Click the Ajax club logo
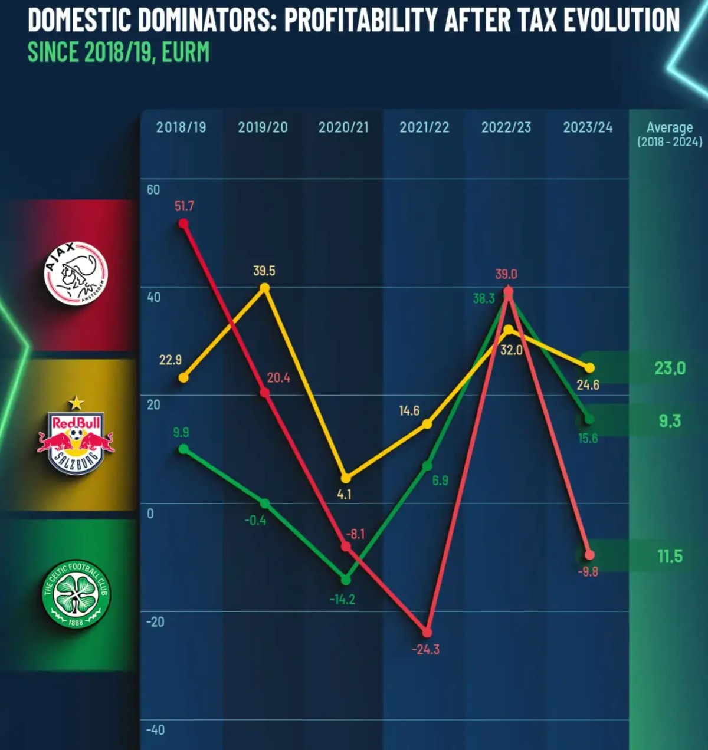point(76,273)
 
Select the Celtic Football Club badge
point(76,594)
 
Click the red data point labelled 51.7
point(183,223)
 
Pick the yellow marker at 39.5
point(265,288)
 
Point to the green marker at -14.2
point(346,580)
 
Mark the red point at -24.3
point(427,633)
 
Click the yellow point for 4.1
point(346,478)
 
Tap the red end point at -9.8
point(589,555)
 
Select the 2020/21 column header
point(343,127)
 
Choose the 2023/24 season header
point(588,127)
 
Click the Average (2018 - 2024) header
point(670,134)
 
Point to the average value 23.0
point(670,369)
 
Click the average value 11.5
point(670,556)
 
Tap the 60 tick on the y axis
point(153,190)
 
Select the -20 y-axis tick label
point(155,622)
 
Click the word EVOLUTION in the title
point(621,20)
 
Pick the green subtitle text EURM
point(185,52)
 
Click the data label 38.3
point(484,298)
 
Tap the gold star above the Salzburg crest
point(76,403)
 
